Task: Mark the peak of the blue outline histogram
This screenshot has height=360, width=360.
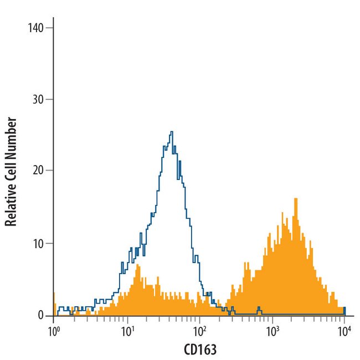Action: [x=172, y=132]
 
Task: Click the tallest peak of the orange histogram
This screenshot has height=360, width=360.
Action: [x=296, y=199]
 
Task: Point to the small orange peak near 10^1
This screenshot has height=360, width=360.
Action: [x=137, y=266]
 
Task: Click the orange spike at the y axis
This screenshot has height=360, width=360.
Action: [x=54, y=294]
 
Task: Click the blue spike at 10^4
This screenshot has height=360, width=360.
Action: [x=344, y=308]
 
